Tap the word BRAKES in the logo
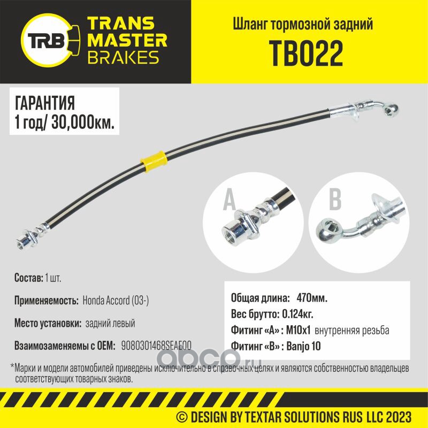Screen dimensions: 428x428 tap(123, 57)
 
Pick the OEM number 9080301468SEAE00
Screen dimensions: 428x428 tap(157, 346)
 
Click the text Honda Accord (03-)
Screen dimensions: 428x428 tap(116, 301)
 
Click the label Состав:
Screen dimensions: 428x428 tap(28, 279)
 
